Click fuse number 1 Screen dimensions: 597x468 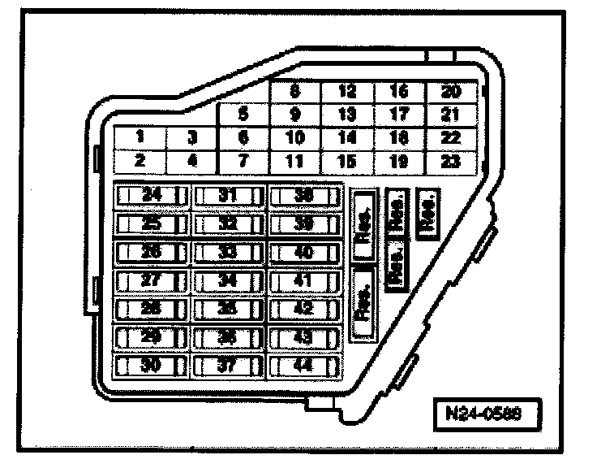140,137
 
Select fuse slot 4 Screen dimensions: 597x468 192,161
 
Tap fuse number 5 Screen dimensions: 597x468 243,115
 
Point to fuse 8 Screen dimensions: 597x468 295,92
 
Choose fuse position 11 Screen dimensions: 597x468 295,161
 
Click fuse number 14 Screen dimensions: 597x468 347,137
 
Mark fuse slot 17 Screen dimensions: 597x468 398,115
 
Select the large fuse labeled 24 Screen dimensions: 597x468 152,195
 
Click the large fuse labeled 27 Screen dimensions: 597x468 152,281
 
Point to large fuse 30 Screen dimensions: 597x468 152,366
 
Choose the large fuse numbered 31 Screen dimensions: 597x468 228,195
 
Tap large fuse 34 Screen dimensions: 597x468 228,281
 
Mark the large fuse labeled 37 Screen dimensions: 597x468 228,366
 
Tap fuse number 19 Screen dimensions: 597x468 398,161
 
